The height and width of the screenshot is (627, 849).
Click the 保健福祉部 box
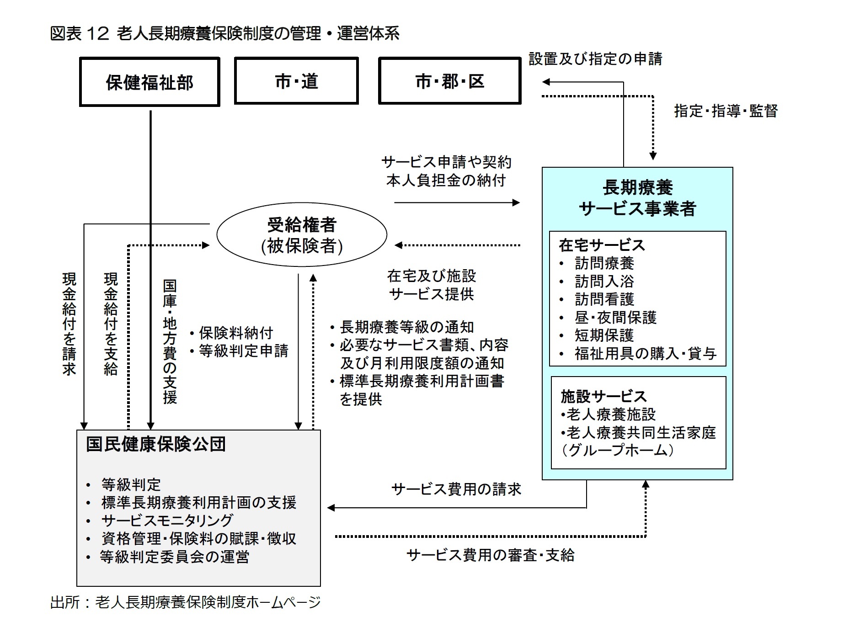[150, 82]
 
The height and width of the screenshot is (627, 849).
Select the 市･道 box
[296, 81]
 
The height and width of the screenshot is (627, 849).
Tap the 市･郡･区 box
[449, 81]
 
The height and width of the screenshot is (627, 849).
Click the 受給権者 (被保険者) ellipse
[302, 235]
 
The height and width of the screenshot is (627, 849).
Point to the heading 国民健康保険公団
[156, 444]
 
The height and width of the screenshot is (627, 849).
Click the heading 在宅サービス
[602, 245]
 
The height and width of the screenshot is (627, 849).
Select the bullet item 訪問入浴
[604, 281]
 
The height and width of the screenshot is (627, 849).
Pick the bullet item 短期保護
[604, 335]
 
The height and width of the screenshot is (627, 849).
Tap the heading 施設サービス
[603, 396]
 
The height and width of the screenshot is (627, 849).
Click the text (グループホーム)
[618, 450]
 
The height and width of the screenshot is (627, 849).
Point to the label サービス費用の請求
[456, 489]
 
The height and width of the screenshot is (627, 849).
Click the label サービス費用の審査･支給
[490, 555]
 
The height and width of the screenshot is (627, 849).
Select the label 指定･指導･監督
[726, 111]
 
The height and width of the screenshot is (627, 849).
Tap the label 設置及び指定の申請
[595, 59]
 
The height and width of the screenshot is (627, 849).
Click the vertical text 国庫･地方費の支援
[170, 342]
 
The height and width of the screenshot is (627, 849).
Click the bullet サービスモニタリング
[167, 521]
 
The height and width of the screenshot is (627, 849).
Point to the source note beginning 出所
[185, 602]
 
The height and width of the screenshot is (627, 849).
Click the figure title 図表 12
[224, 33]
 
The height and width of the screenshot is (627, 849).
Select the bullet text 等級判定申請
[243, 351]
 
